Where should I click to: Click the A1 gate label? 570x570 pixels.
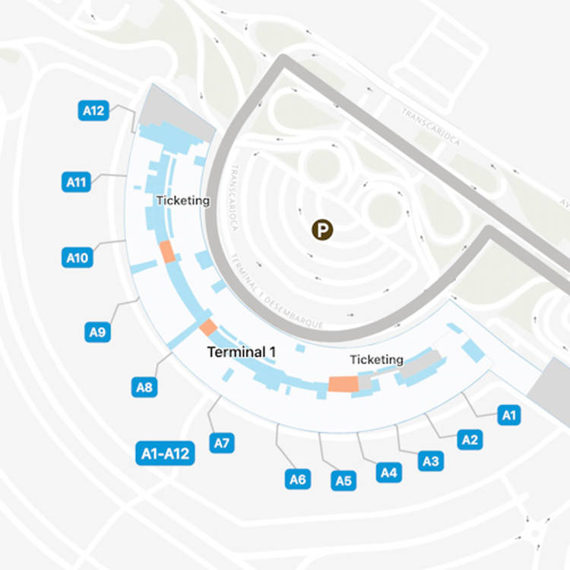(x=509, y=415)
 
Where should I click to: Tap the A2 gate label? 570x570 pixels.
(x=470, y=439)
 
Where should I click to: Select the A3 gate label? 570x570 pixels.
(x=431, y=460)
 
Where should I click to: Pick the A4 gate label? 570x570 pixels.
(x=388, y=473)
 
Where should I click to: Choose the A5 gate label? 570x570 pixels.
(x=344, y=480)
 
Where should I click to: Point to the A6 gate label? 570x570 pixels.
(x=298, y=479)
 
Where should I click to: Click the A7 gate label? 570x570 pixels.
(x=222, y=443)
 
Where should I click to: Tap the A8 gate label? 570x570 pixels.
(x=144, y=388)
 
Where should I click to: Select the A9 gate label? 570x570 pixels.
(x=97, y=331)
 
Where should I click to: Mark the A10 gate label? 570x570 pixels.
(x=77, y=258)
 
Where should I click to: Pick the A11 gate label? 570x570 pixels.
(x=77, y=182)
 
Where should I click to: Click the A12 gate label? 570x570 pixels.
(x=93, y=111)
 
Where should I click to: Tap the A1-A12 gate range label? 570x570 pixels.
(x=165, y=454)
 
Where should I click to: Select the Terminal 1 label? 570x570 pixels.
(x=242, y=352)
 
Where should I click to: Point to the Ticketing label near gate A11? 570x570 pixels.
(x=182, y=201)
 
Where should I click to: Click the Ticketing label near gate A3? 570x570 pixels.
(x=376, y=359)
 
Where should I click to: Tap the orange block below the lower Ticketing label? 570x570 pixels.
(x=343, y=384)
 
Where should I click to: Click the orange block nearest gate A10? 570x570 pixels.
(x=167, y=252)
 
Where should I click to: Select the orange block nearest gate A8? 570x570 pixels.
(x=207, y=327)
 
